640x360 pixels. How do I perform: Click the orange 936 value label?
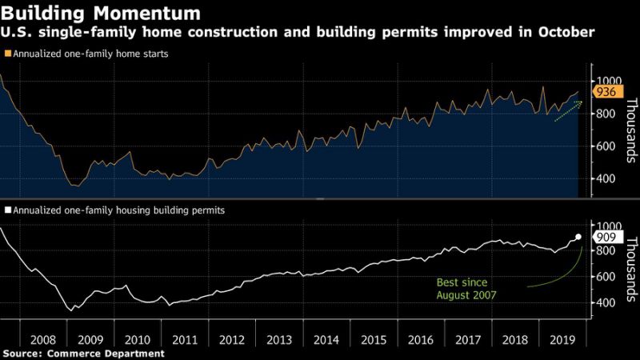tap(605, 93)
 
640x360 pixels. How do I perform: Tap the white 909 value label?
tap(605, 237)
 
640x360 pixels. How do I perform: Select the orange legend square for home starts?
tap(7, 55)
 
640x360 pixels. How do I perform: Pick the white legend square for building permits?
tap(7, 210)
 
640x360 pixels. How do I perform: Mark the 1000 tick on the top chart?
tap(606, 81)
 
